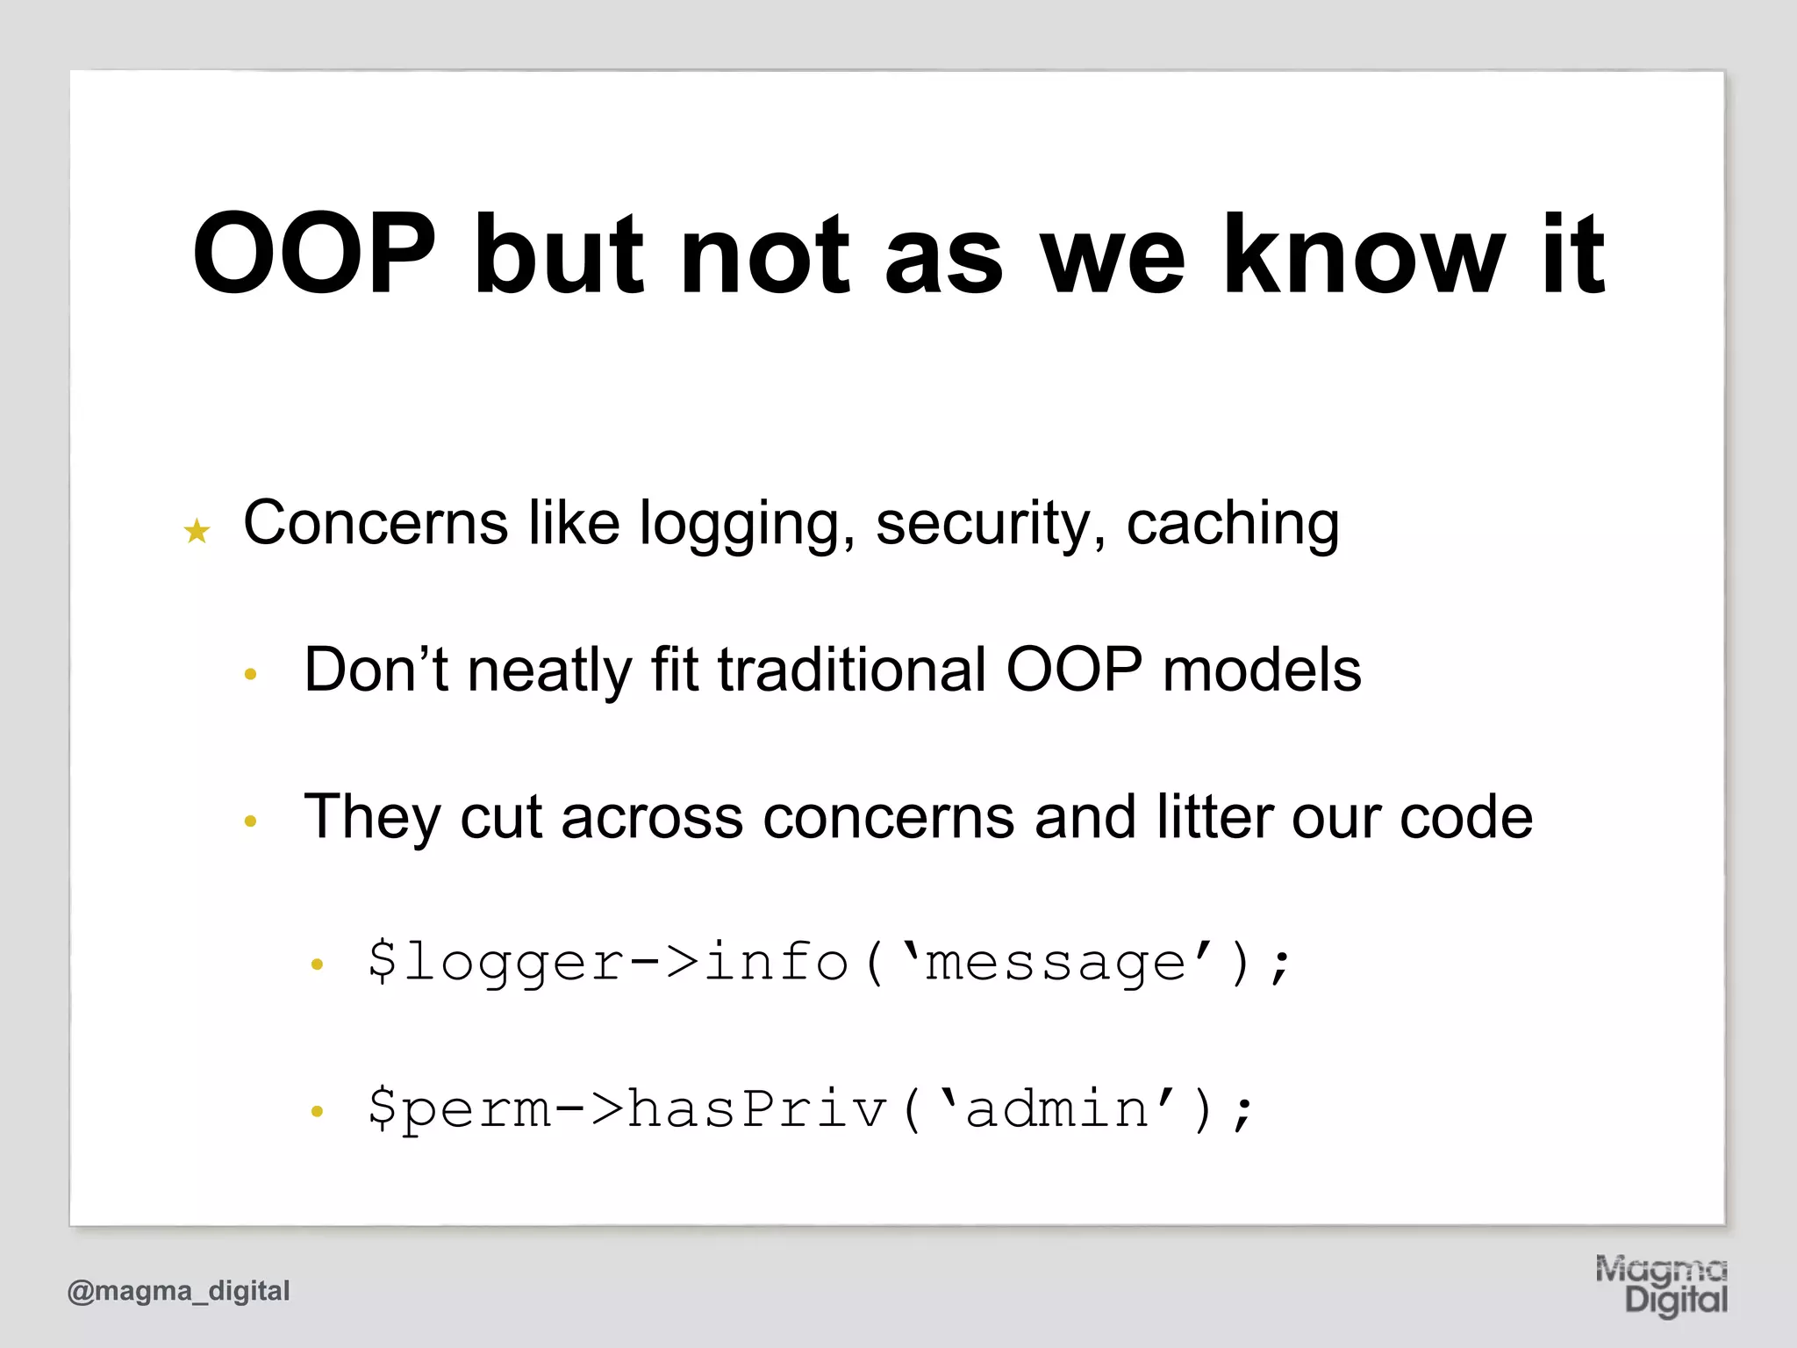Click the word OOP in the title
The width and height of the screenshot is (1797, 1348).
click(314, 255)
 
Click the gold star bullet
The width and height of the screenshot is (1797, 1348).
click(197, 531)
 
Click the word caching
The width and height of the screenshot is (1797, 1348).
click(1232, 524)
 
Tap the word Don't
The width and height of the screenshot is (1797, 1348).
click(376, 670)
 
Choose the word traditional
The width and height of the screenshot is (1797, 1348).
click(851, 670)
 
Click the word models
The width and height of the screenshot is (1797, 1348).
click(1261, 670)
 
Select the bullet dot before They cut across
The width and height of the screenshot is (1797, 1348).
click(250, 821)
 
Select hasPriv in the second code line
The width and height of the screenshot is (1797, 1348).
click(757, 1109)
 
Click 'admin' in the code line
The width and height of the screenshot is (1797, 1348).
click(1056, 1109)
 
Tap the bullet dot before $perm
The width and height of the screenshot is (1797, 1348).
click(317, 1112)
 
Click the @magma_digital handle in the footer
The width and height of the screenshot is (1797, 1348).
click(178, 1291)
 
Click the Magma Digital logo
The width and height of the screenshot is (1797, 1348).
click(1660, 1285)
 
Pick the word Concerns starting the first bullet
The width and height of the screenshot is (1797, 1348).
click(375, 524)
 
